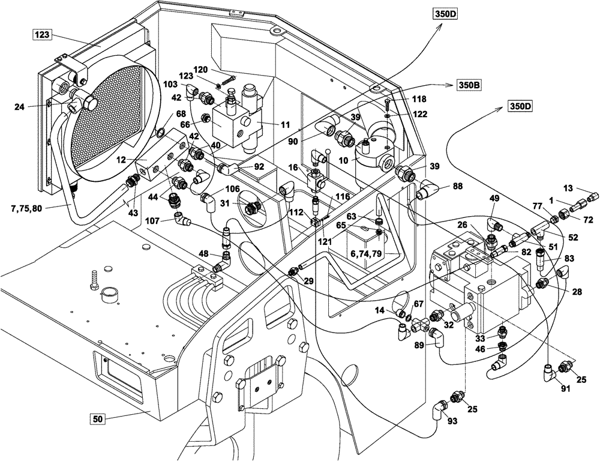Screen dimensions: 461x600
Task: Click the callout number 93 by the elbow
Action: click(x=452, y=421)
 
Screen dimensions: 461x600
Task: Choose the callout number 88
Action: click(x=458, y=187)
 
